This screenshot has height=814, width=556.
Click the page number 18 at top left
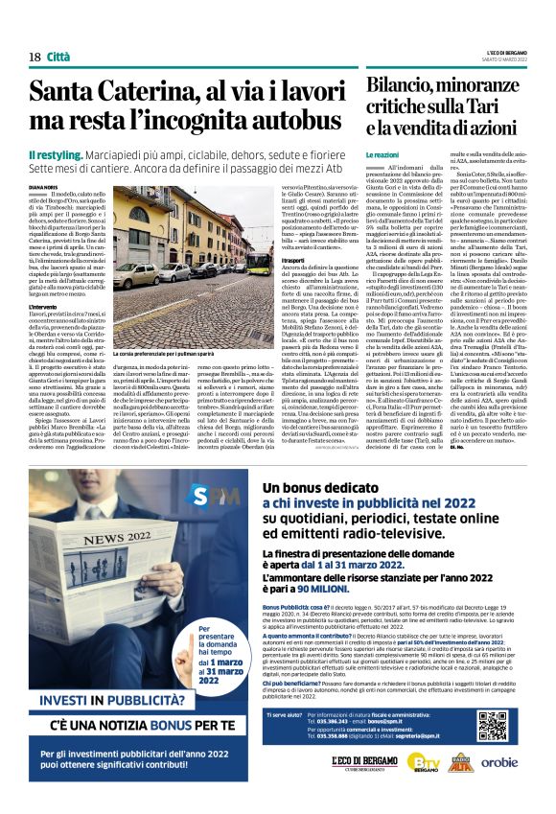(x=35, y=30)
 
